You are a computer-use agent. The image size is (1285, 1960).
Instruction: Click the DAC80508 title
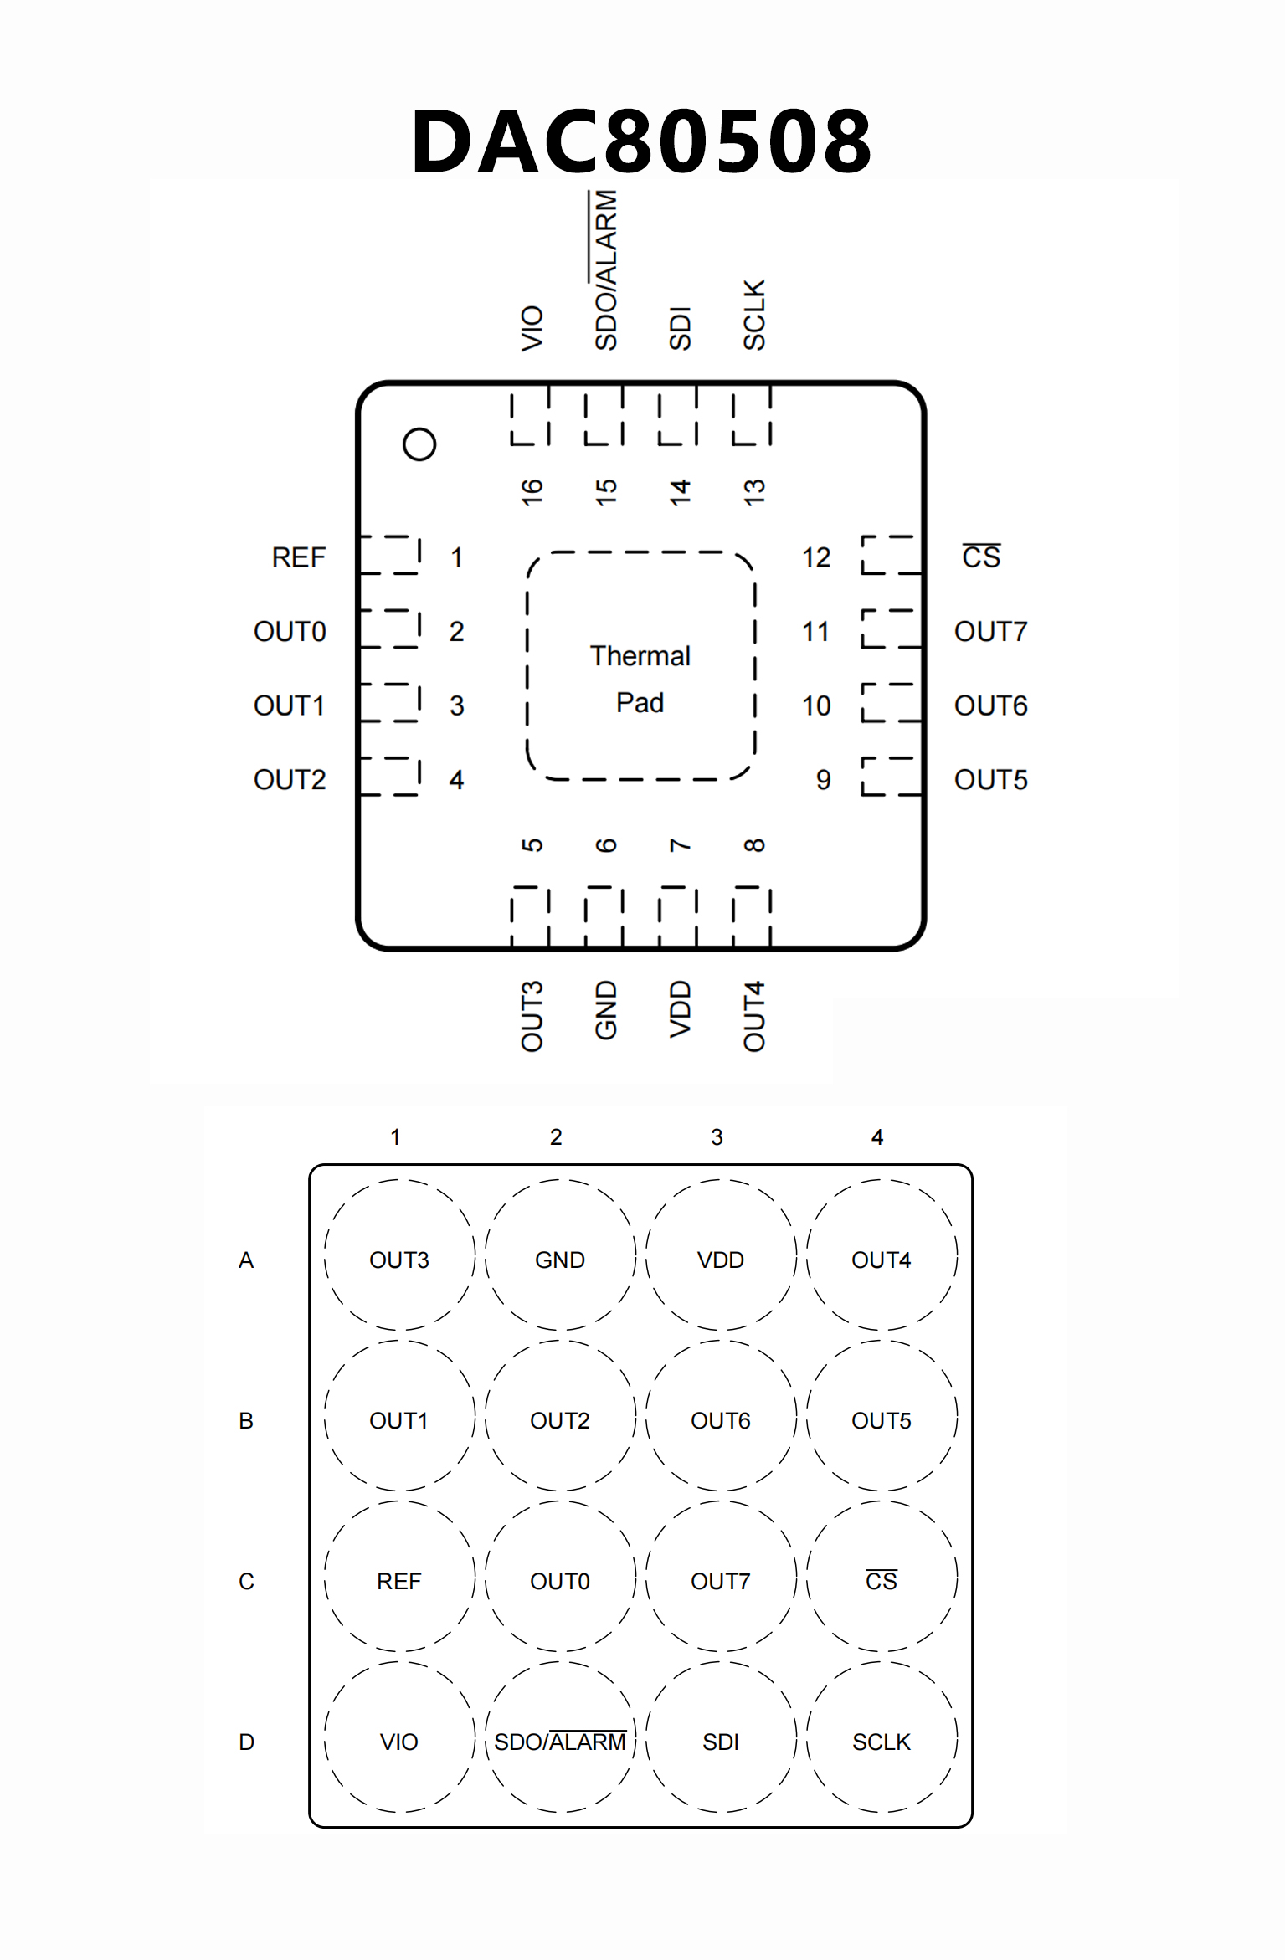point(641,141)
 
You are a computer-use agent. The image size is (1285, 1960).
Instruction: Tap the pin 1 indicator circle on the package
point(419,444)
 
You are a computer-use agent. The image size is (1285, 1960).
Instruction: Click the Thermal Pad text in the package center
point(640,679)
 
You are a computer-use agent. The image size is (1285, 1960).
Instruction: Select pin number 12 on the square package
point(816,557)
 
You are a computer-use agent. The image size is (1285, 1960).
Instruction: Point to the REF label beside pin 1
point(299,557)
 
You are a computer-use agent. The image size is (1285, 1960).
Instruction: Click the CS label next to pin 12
point(981,557)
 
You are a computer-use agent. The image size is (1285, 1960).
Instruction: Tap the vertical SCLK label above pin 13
point(754,315)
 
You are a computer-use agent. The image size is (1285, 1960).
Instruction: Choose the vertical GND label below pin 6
point(606,1010)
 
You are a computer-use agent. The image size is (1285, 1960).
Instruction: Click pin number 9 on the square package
point(824,780)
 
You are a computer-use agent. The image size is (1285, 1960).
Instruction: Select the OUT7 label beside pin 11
point(990,632)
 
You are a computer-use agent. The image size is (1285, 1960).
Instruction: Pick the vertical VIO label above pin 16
point(532,328)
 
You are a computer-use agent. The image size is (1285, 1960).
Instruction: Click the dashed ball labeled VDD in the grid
point(720,1260)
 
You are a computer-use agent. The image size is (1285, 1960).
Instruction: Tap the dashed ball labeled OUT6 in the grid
point(720,1420)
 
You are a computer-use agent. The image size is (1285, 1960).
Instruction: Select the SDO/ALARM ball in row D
point(560,1742)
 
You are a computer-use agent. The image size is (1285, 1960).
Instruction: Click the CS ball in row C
point(881,1581)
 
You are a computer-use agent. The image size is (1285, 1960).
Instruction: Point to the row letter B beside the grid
point(246,1420)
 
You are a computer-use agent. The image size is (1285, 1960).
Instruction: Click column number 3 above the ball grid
point(717,1137)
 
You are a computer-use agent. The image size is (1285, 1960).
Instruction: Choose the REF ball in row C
point(398,1581)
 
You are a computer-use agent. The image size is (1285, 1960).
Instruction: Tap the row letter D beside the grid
point(246,1742)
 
